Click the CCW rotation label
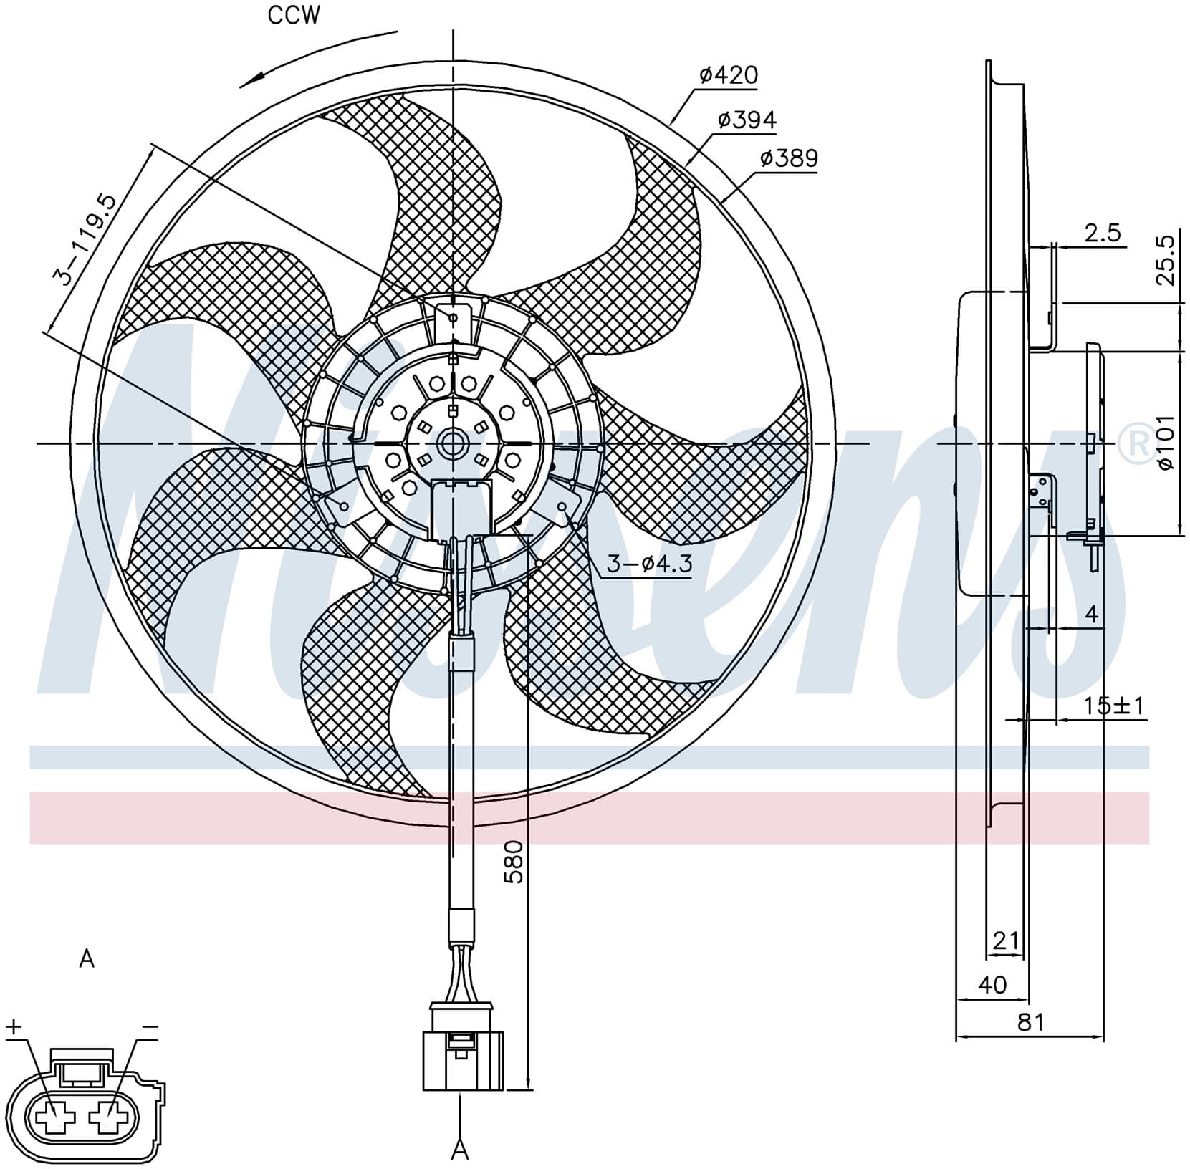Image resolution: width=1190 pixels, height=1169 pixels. [x=294, y=16]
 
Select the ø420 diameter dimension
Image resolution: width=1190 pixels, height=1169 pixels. [x=729, y=74]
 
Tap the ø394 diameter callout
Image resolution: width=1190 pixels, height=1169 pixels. [x=747, y=120]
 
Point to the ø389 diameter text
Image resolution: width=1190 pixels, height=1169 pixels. [x=789, y=158]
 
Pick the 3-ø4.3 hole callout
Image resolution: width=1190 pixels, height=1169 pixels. [x=649, y=564]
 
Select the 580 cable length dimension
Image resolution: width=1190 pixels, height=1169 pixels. [x=514, y=862]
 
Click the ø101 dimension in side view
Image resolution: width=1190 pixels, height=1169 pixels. [x=1166, y=442]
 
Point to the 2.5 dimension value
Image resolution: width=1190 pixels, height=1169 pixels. [x=1103, y=233]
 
